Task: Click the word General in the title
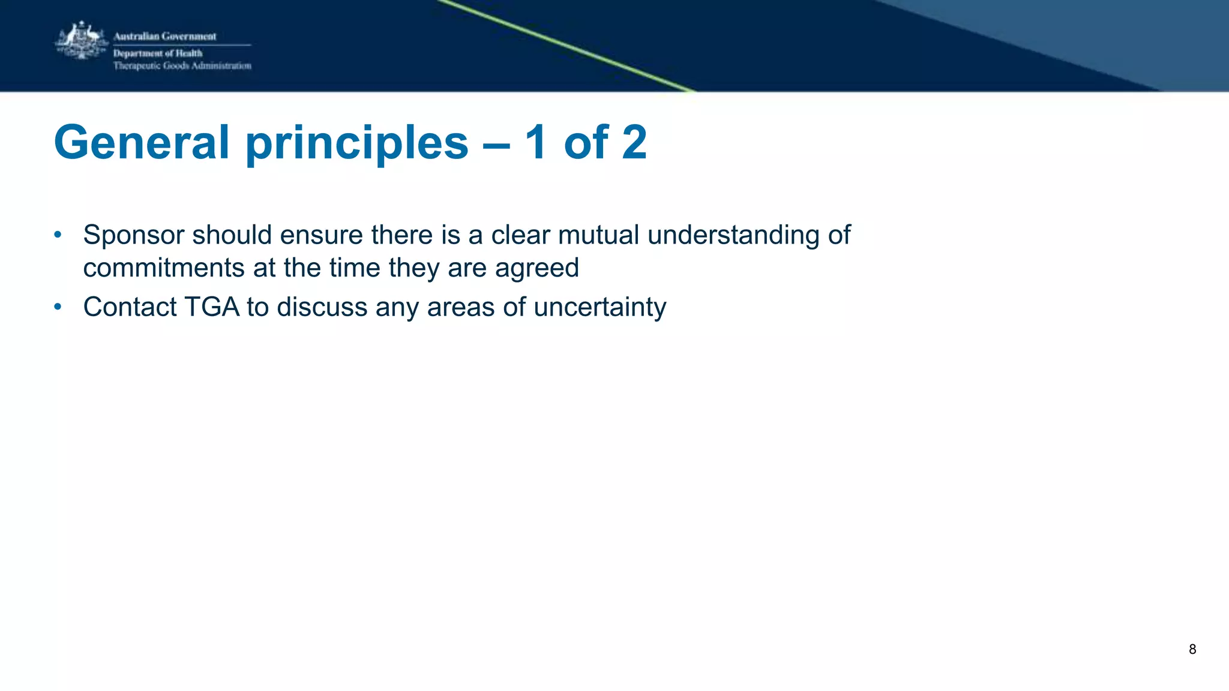click(142, 143)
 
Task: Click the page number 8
click(1192, 649)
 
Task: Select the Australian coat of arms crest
click(81, 41)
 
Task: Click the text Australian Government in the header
click(165, 37)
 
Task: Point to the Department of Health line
click(158, 53)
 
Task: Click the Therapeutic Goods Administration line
click(182, 66)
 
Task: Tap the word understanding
click(733, 235)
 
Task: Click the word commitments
click(164, 268)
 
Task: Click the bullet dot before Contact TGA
click(58, 307)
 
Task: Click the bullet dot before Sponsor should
click(58, 235)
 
